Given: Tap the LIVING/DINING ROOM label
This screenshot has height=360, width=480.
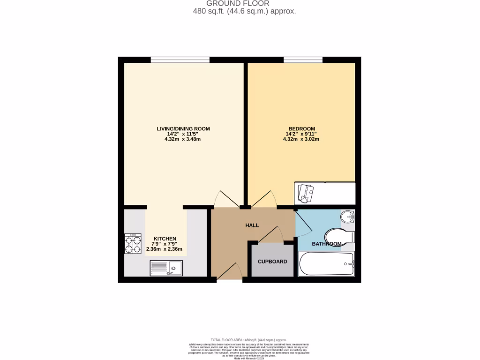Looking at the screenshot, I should (x=183, y=128).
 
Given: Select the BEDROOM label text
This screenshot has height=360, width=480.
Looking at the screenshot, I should (x=301, y=128).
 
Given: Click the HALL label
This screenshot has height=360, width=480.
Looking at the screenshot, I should (x=252, y=225).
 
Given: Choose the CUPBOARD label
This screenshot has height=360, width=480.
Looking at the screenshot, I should (x=272, y=262).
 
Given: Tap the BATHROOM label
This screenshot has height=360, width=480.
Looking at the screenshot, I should (x=326, y=244).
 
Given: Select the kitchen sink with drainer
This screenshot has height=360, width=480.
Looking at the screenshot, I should (x=167, y=268).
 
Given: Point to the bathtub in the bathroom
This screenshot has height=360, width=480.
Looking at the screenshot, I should (x=326, y=264).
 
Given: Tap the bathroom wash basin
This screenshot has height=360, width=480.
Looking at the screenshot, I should (x=347, y=217).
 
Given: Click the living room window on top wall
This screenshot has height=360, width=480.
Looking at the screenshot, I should (x=180, y=60).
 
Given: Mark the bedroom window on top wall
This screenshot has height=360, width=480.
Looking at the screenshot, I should (x=303, y=60).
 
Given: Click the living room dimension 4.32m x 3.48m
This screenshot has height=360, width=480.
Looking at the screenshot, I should (x=183, y=140).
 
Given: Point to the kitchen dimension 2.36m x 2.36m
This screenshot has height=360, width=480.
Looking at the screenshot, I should (x=164, y=249).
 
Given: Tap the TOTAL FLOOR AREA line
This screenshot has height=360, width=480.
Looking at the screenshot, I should (x=248, y=340).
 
